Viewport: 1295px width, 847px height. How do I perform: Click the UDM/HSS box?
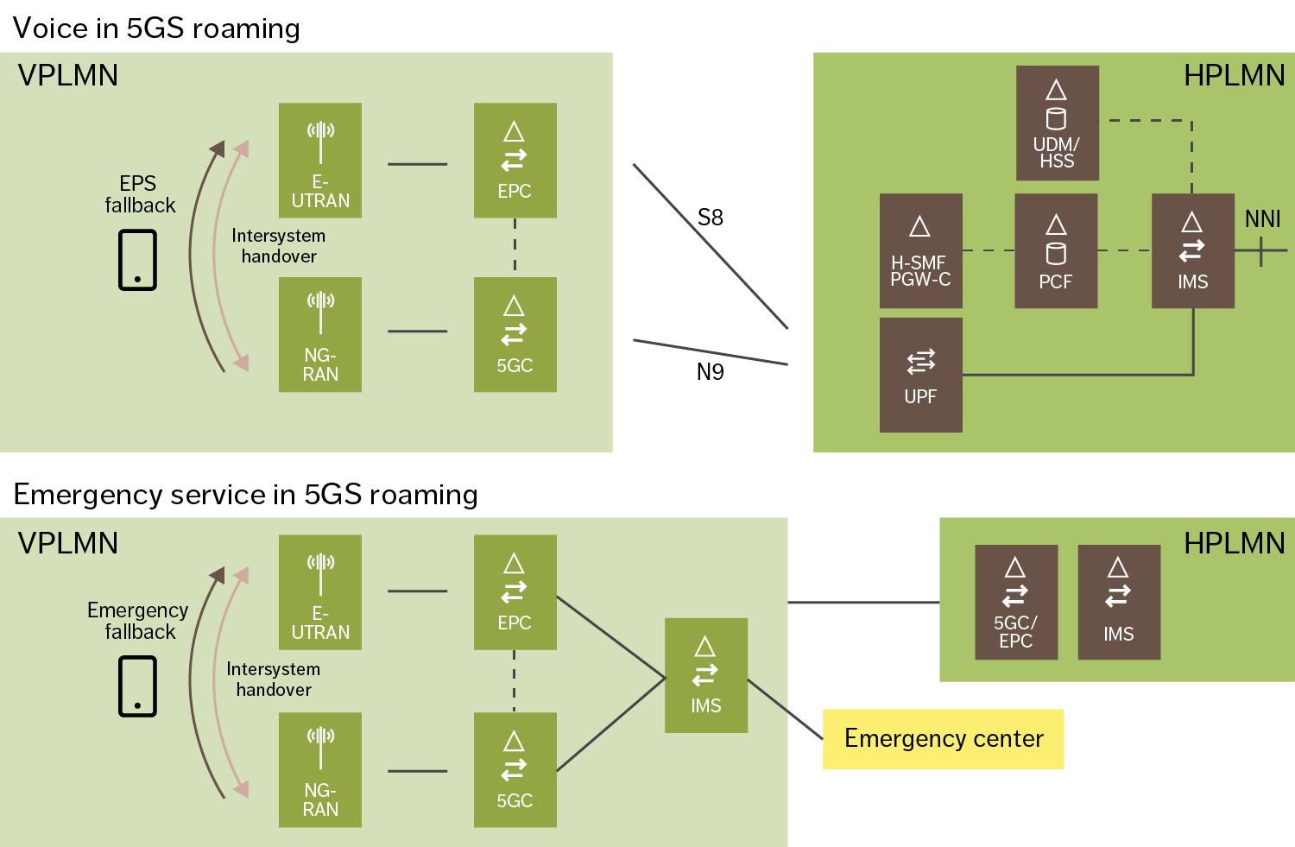click(1057, 123)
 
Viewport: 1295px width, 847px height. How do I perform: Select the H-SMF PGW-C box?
click(920, 250)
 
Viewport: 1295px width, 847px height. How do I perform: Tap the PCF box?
click(1055, 250)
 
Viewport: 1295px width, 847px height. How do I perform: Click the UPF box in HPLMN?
click(920, 375)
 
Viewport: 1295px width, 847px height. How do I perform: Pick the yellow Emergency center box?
click(943, 739)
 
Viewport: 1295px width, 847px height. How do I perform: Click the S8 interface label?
click(710, 218)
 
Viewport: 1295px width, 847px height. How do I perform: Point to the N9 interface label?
click(710, 372)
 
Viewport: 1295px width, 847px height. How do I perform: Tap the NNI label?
click(1262, 219)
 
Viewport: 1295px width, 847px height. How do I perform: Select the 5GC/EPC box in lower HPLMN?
click(1015, 602)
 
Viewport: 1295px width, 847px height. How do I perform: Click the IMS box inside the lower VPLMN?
click(705, 675)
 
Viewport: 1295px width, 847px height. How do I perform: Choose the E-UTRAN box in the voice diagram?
click(319, 160)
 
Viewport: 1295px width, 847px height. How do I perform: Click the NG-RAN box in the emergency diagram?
click(319, 769)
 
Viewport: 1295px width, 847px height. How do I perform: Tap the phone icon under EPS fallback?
click(137, 260)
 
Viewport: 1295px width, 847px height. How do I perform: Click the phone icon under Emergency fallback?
click(137, 686)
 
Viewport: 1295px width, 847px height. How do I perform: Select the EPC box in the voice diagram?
click(515, 160)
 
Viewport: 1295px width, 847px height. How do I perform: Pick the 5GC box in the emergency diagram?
click(515, 769)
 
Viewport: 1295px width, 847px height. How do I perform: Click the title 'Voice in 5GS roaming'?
click(156, 28)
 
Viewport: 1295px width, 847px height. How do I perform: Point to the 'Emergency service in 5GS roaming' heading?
click(245, 495)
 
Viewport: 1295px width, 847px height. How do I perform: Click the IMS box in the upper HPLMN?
click(1192, 250)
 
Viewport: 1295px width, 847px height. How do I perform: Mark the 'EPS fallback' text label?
click(139, 194)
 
